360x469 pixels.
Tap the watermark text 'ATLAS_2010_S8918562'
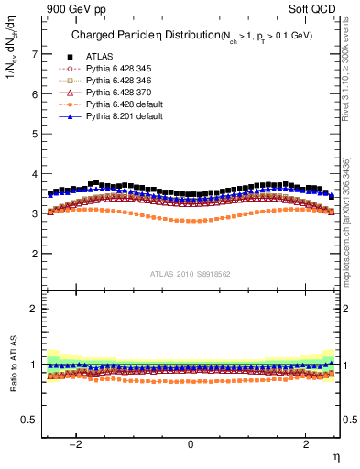point(190,274)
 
